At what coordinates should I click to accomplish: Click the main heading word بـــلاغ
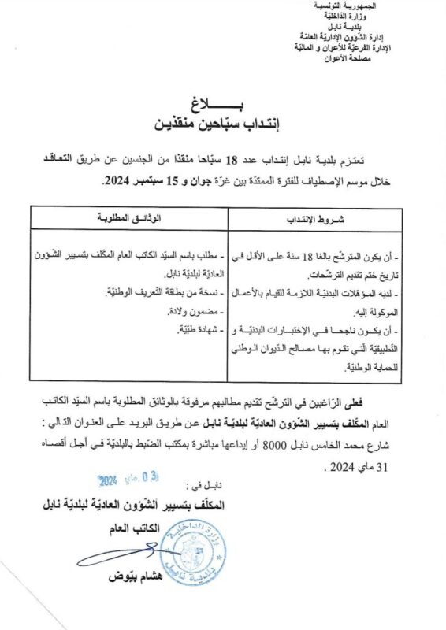(224, 105)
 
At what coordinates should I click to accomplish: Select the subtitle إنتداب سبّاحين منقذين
(224, 124)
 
